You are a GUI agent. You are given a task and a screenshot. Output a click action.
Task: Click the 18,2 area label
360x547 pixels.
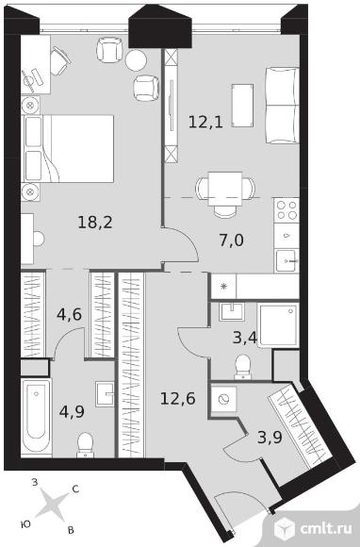95,223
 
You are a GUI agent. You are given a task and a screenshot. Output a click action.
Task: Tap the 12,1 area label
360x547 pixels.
205,122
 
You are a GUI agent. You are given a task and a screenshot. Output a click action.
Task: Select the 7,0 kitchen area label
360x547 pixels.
232,240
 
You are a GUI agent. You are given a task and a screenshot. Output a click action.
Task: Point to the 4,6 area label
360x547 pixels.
69,314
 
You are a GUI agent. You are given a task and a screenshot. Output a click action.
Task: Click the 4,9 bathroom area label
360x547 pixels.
72,411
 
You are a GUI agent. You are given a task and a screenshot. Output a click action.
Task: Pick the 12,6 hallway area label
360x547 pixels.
178,398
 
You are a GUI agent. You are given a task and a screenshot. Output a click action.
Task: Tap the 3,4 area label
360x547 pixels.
245,338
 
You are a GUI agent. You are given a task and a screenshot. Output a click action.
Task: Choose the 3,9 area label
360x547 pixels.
270,437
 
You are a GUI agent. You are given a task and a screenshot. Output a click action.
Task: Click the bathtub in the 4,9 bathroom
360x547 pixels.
36,417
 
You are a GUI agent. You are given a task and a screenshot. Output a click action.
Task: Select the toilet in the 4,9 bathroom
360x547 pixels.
86,445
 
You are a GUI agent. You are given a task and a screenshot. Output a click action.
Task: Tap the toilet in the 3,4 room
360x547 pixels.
242,367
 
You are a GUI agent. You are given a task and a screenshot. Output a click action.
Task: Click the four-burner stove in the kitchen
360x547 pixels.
286,210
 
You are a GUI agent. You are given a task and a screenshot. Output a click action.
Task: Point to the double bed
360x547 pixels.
68,149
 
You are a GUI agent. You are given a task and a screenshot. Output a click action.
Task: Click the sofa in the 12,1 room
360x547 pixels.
282,106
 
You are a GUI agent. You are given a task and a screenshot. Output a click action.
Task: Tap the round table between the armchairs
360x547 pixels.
136,60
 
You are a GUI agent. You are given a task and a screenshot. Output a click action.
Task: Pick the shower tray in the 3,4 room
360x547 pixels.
278,325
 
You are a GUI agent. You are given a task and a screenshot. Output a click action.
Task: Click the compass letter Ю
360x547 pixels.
25,524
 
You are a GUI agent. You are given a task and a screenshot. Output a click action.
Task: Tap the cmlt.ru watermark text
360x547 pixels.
325,529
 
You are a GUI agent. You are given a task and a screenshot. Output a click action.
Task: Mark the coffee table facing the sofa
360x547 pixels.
242,106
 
